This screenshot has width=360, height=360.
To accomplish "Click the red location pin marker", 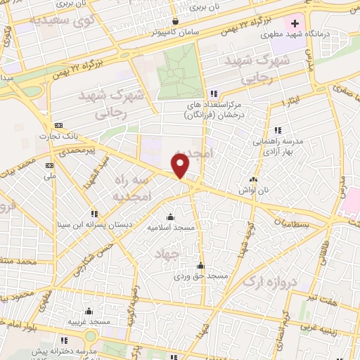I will (181, 166).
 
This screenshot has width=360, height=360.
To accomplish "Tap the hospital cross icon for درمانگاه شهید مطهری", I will (304, 23).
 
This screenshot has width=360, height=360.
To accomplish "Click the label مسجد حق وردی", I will (202, 277).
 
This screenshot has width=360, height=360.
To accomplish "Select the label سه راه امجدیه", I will (130, 188).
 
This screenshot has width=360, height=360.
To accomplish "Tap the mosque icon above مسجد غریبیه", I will (89, 311).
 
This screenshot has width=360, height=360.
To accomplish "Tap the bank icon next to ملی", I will (49, 165).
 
